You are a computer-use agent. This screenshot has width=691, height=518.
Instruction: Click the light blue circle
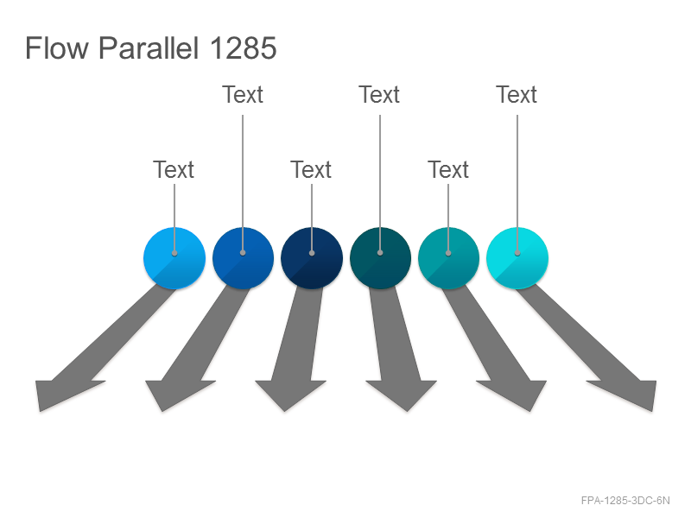click(174, 258)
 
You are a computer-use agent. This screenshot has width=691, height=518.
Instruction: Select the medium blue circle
click(243, 258)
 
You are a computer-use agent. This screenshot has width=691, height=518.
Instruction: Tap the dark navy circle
click(312, 258)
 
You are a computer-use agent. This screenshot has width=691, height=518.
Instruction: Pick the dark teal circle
click(380, 258)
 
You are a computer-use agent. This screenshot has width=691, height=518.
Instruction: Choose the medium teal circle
click(448, 258)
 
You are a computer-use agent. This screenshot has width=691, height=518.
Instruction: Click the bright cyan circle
click(517, 258)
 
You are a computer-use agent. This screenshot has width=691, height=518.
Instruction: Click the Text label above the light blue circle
click(174, 169)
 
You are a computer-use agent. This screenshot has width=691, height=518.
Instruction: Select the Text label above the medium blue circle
click(243, 94)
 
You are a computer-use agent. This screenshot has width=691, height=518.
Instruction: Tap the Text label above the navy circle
click(311, 169)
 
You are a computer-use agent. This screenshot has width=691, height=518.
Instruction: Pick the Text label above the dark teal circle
click(379, 94)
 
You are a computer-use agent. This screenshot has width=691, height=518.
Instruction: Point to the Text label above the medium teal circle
click(448, 169)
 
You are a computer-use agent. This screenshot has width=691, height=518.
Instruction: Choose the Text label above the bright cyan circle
click(517, 94)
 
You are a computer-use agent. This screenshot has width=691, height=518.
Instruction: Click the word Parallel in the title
click(149, 47)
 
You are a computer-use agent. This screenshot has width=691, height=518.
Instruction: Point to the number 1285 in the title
click(244, 47)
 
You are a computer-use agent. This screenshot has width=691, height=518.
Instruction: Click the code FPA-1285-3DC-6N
click(625, 501)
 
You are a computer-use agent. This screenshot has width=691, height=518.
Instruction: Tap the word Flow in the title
click(57, 47)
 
